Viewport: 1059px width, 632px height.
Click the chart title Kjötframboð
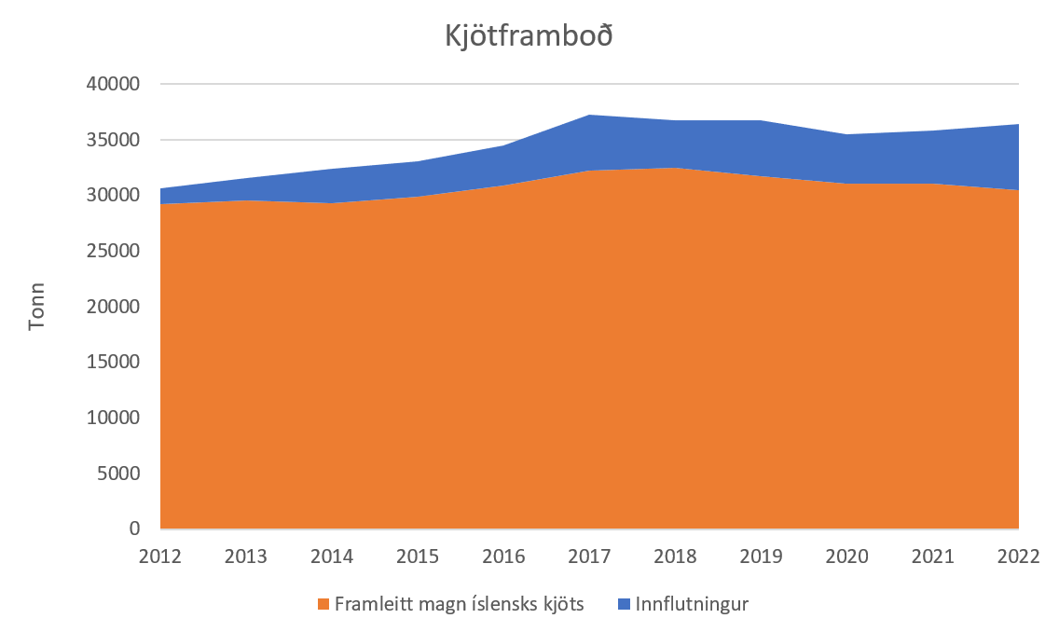[529, 38]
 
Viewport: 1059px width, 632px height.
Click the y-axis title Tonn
[36, 307]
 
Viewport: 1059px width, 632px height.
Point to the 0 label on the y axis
[135, 529]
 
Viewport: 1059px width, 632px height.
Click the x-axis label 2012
[160, 556]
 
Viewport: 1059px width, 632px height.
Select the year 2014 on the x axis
[332, 556]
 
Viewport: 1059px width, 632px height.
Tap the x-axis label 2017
[589, 556]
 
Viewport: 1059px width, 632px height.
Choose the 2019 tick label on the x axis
[761, 556]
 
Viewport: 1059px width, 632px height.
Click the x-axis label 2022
[1018, 556]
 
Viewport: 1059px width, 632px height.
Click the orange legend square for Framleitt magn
[323, 604]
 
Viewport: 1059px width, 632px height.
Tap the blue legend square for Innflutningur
[624, 604]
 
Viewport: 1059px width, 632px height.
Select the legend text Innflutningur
[692, 604]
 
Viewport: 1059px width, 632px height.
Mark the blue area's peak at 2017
[589, 116]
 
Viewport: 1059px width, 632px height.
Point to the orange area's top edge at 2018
[675, 169]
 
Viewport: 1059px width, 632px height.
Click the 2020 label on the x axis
[846, 556]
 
